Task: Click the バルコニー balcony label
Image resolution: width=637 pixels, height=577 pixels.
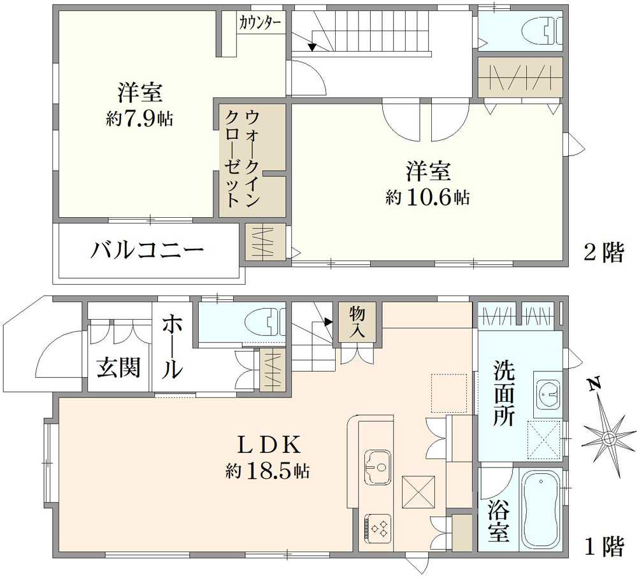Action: (x=147, y=250)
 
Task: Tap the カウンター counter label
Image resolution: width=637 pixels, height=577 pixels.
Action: (x=261, y=24)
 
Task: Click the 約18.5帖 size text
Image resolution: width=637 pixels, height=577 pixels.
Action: (x=268, y=471)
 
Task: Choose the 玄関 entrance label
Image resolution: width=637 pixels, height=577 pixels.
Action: (x=118, y=367)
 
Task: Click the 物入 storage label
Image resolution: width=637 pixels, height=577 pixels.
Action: (x=357, y=321)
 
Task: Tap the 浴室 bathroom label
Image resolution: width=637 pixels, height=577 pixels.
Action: (x=499, y=521)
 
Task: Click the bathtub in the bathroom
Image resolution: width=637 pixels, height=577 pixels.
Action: (x=541, y=510)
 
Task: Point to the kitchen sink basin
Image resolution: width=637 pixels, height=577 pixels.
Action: (x=379, y=462)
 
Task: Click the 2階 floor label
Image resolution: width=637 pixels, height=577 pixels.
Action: (x=604, y=254)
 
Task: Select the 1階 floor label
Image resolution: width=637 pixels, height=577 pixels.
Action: (x=604, y=546)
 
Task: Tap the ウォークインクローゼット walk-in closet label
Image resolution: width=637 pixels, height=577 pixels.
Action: (x=243, y=158)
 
